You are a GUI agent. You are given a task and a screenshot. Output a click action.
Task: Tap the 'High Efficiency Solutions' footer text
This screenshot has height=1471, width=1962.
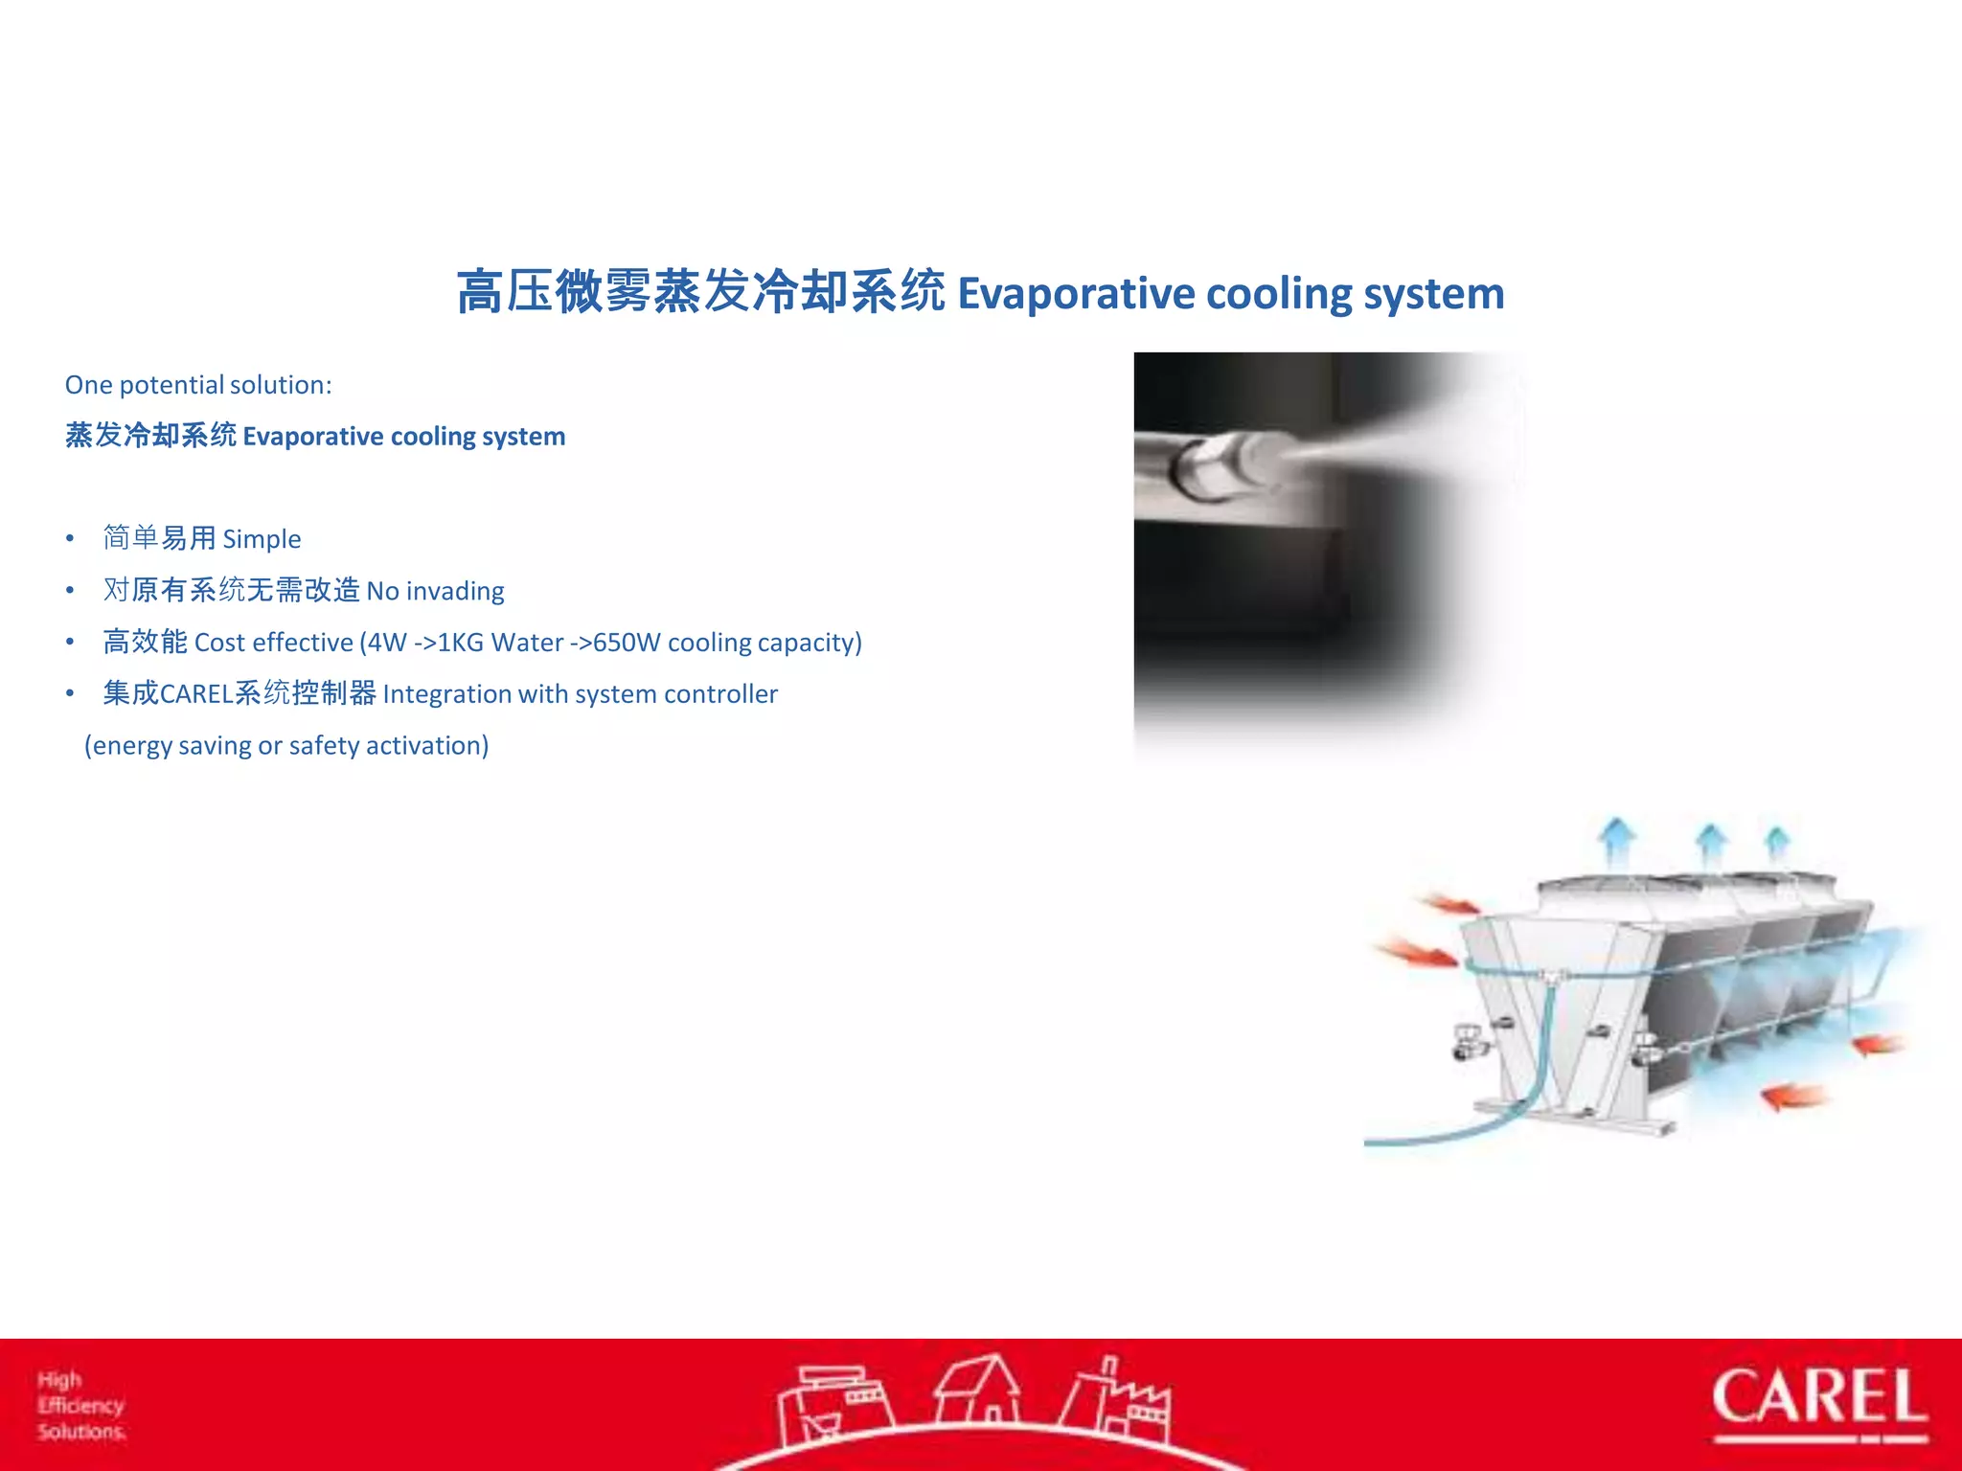point(81,1406)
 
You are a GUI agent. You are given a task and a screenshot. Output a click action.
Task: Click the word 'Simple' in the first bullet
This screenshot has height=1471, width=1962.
point(262,539)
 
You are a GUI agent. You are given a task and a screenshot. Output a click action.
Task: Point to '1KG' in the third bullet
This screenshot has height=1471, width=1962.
point(460,643)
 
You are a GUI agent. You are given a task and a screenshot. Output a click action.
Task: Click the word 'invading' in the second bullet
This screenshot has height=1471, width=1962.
point(455,591)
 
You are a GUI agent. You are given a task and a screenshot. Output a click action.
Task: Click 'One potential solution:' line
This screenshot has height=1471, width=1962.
point(198,385)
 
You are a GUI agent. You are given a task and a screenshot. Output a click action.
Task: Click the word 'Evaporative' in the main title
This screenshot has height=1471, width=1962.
point(1076,294)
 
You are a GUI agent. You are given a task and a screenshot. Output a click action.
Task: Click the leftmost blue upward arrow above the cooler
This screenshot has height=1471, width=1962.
point(1617,839)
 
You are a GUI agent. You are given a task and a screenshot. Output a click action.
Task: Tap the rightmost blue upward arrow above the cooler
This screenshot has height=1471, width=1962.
point(1777,842)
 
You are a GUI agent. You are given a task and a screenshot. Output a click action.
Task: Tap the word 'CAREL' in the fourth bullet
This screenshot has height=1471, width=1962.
point(196,694)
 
